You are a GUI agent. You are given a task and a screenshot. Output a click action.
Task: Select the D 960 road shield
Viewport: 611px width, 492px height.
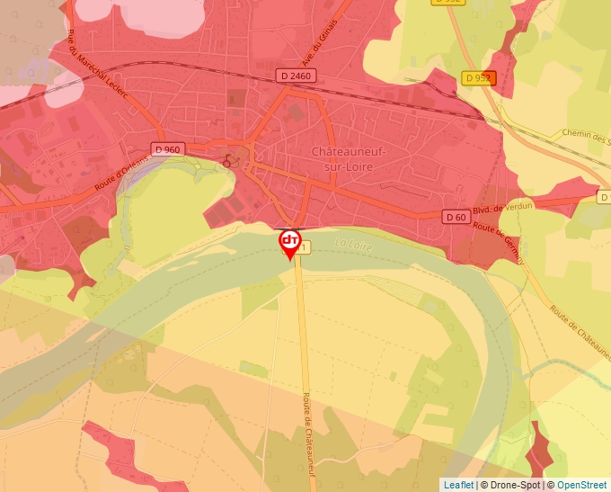[168, 149]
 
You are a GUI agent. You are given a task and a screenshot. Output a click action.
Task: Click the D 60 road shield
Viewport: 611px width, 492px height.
[456, 217]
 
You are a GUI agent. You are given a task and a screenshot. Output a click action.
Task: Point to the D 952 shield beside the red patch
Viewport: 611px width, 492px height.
[478, 78]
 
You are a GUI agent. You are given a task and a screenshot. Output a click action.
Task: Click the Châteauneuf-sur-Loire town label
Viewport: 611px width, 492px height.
[350, 158]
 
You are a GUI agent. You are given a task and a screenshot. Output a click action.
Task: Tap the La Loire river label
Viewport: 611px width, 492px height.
[352, 243]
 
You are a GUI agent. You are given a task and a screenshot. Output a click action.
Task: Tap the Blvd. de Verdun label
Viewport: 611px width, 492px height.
[502, 209]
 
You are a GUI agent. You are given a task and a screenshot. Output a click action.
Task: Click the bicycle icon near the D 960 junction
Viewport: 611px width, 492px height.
[229, 160]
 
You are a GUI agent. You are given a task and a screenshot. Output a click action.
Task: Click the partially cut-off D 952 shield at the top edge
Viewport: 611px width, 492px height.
[447, 3]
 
